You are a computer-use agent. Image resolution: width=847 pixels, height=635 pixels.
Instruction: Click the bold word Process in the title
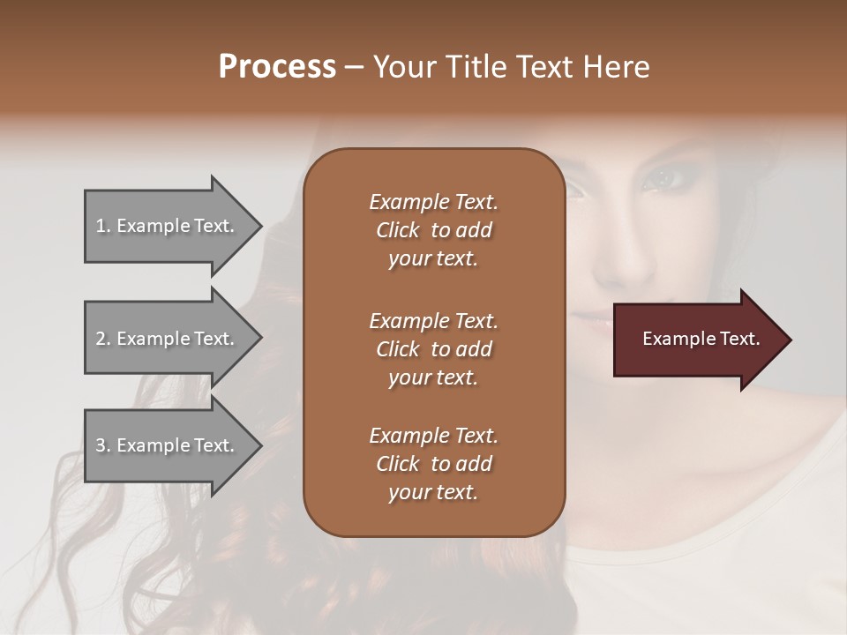click(x=277, y=67)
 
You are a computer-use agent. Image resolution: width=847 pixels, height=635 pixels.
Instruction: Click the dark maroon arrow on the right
click(x=697, y=339)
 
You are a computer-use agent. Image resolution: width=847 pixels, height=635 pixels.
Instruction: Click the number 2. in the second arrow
click(x=103, y=339)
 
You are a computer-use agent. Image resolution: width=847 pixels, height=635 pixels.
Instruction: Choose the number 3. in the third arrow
click(x=103, y=445)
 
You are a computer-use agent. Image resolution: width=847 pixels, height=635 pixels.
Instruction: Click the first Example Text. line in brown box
click(x=433, y=202)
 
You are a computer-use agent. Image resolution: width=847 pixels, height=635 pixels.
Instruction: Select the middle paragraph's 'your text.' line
click(x=433, y=377)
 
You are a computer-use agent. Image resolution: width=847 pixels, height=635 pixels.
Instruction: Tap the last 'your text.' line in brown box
click(x=433, y=492)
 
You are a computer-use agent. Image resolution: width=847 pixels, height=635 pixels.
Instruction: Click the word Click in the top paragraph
click(x=398, y=230)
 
